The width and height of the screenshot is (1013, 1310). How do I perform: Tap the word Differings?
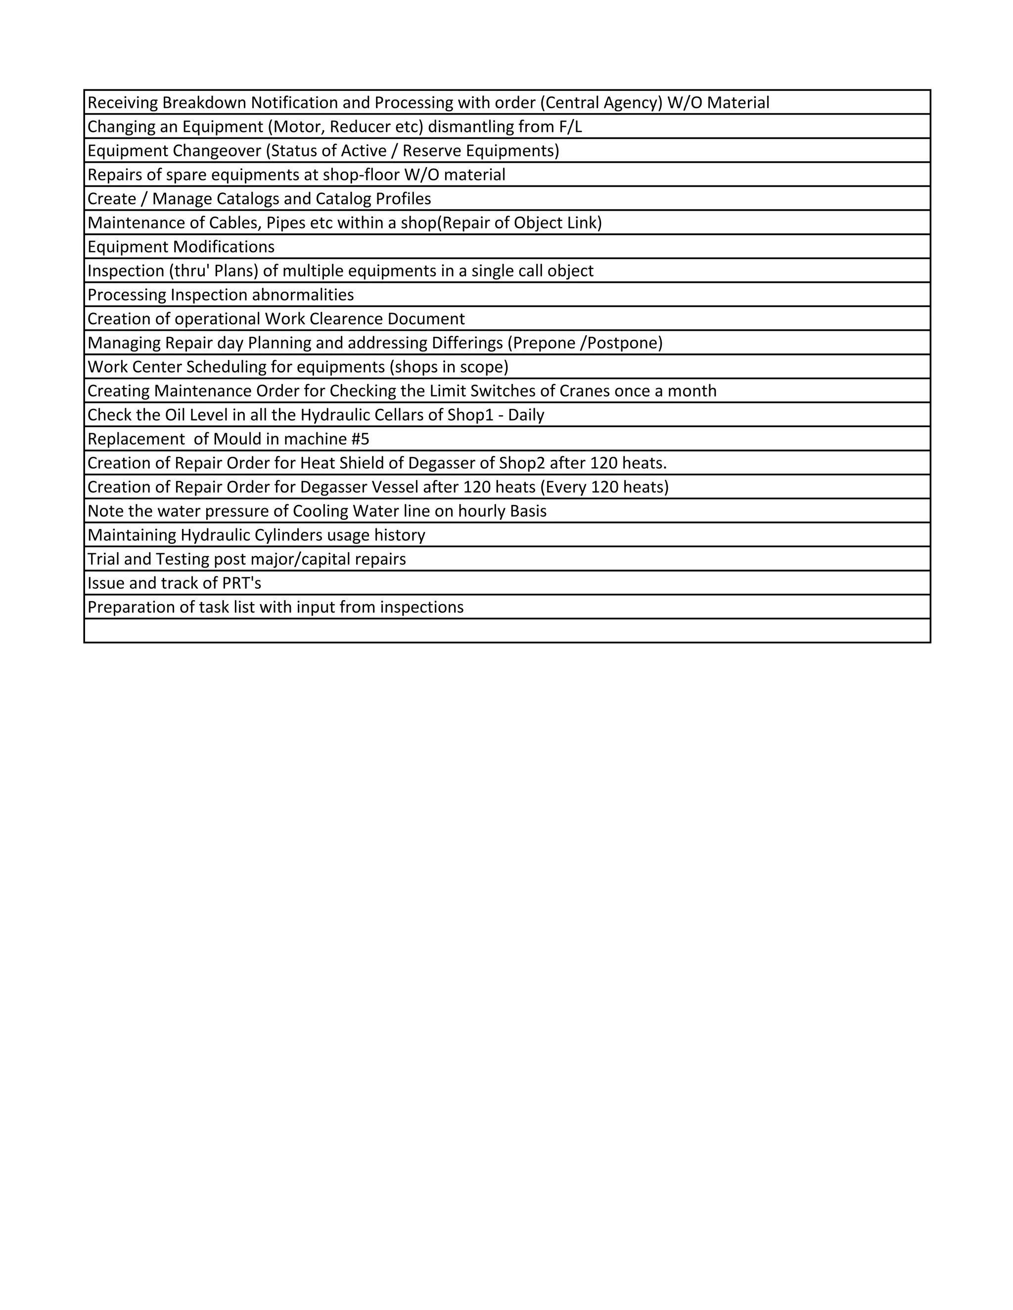pos(467,343)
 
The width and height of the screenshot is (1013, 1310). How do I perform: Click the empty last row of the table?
pos(506,631)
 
